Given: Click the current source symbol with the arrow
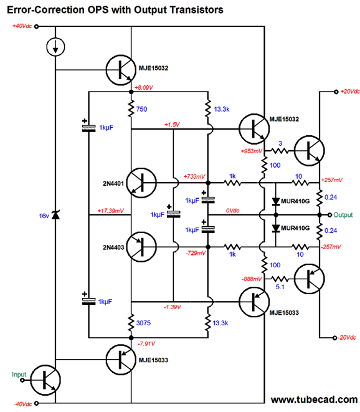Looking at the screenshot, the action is point(55,47).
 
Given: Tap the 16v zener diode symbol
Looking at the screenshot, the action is point(55,215).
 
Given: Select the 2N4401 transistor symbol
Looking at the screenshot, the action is point(141,183).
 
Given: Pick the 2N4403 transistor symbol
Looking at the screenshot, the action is point(141,247).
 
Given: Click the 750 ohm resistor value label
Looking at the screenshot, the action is point(141,109).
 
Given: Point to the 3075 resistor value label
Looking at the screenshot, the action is point(143,323).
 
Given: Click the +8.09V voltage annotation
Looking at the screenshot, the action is point(144,87).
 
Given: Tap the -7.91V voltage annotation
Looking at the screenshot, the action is point(146,343).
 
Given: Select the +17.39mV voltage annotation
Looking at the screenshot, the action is point(110,211).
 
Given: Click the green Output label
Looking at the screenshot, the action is point(343,215).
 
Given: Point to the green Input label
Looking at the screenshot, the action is point(19,375).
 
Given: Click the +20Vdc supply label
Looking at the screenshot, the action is point(350,92).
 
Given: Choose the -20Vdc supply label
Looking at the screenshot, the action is point(347,337).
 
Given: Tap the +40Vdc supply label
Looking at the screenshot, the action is point(22,26).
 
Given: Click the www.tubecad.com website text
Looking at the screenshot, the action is point(314,400).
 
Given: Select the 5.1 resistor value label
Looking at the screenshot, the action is point(280,287).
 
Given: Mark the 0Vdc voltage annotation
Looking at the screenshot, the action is point(232,211).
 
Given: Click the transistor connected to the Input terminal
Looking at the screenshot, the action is point(45,380).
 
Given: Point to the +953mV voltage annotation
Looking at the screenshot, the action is point(251,151).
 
